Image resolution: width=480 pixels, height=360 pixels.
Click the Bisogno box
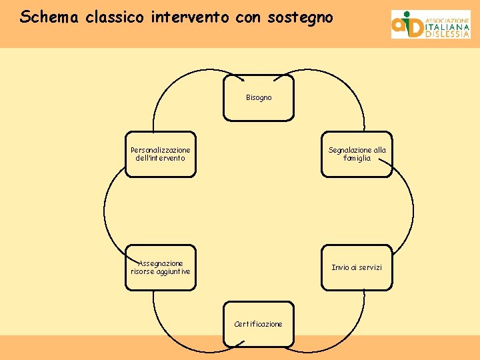(x=259, y=97)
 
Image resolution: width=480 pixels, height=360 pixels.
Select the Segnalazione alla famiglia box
(x=357, y=154)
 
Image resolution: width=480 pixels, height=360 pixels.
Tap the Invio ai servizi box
(x=357, y=267)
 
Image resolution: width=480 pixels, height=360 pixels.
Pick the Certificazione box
(x=259, y=324)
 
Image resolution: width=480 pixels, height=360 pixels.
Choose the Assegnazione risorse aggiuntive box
(x=161, y=267)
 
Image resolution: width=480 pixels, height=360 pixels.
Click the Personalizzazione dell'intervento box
(x=161, y=154)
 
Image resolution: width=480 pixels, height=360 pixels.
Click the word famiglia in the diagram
(x=357, y=159)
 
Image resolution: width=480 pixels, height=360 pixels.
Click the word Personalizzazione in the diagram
(x=161, y=150)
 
